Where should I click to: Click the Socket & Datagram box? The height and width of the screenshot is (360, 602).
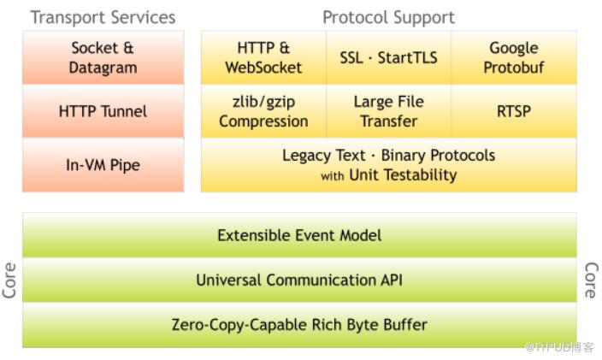point(103,57)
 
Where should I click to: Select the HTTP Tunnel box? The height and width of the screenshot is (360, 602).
point(103,111)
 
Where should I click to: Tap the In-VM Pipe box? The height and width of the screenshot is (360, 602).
point(103,165)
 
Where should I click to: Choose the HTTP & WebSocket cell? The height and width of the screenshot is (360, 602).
point(263,57)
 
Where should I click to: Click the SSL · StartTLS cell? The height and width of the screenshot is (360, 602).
point(388,57)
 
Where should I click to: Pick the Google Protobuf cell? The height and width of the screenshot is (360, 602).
point(513,57)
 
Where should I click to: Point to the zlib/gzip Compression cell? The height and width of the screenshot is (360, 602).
point(263,111)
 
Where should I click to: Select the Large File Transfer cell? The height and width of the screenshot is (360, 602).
point(388,111)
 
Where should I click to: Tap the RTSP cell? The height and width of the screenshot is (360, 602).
point(513,111)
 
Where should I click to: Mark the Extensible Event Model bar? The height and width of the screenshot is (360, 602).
point(299,235)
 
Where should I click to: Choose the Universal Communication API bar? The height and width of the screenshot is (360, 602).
point(299,280)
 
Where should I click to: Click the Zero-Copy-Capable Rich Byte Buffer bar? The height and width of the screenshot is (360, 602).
point(299,324)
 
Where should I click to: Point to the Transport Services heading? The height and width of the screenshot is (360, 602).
point(103,17)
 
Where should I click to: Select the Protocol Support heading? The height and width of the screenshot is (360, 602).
point(388,17)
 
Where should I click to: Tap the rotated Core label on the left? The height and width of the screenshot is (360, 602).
point(10,280)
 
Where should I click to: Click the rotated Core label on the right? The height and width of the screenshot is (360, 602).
point(590,280)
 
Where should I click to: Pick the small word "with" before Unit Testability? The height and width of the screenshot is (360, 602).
point(332,177)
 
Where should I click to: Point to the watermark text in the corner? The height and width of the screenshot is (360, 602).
point(559,347)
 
